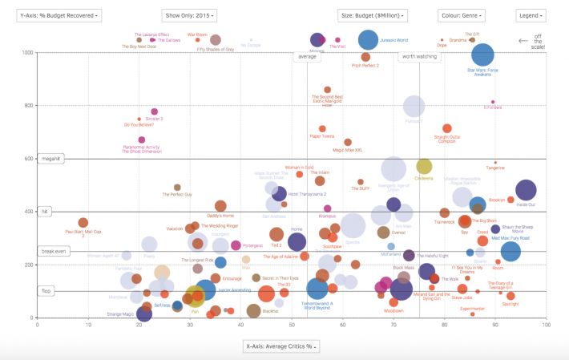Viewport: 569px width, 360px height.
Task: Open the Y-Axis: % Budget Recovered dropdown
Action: pos(59,15)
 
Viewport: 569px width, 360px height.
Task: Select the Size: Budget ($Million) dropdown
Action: pos(373,15)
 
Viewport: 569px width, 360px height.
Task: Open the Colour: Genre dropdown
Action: pos(462,15)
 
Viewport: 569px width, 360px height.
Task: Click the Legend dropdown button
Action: pos(531,15)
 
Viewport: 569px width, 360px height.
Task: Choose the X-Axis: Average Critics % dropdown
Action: pos(281,346)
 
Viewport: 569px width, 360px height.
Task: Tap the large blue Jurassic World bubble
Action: pos(368,39)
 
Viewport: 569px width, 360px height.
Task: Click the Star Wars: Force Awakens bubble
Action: pos(482,55)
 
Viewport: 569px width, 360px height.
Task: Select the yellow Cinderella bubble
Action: pos(424,166)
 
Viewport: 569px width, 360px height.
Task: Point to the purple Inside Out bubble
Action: pos(526,190)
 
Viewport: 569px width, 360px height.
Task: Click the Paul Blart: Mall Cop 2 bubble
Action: pos(83,223)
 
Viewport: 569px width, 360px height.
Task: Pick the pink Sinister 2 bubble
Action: pos(155,112)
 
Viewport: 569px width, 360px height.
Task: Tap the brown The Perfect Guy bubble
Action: pos(177,188)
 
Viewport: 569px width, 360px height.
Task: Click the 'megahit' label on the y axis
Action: pos(50,159)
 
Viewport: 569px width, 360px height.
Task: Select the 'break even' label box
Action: pos(53,251)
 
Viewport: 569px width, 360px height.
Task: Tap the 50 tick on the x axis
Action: pos(292,324)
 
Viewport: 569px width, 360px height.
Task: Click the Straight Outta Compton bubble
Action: pos(447,128)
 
